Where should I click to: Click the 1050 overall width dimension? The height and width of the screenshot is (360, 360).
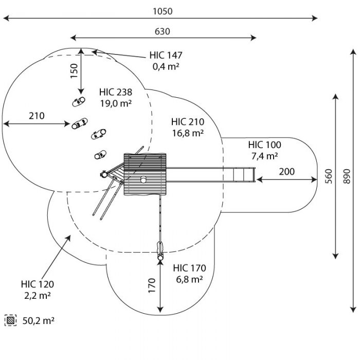click(163, 11)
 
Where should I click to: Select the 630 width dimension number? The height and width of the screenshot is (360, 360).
click(163, 31)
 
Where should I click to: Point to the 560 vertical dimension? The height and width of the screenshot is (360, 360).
click(329, 176)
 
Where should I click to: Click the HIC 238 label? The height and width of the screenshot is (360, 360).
click(116, 92)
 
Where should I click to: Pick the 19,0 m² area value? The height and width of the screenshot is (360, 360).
click(116, 103)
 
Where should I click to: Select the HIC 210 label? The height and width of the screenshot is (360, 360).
click(188, 122)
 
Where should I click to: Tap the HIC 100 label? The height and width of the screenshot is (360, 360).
click(264, 145)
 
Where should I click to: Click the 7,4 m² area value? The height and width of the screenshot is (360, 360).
click(264, 156)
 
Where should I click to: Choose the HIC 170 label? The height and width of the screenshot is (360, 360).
click(189, 268)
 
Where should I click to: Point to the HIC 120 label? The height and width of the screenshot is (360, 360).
click(38, 284)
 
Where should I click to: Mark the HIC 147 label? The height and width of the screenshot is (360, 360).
click(166, 55)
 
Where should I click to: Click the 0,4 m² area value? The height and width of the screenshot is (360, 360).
click(166, 66)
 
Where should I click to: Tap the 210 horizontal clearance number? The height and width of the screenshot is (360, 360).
click(37, 116)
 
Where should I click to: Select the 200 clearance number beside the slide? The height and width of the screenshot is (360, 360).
click(287, 171)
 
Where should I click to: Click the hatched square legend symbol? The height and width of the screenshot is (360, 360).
click(11, 320)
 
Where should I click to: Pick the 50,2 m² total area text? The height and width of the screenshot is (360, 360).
click(39, 321)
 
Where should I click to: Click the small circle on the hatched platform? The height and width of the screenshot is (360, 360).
click(143, 179)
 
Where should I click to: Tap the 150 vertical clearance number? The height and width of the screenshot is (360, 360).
click(74, 71)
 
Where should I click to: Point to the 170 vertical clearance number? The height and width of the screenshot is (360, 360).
click(152, 285)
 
